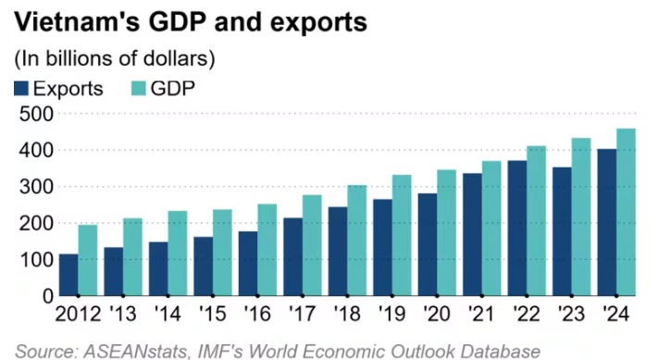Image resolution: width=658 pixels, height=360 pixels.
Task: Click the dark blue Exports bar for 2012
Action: pos(68,275)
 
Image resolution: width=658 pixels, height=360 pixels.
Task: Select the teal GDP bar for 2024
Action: pos(626,212)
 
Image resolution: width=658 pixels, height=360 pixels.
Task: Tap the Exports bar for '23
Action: pos(563,231)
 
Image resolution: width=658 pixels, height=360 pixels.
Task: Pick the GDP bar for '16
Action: pos(267,250)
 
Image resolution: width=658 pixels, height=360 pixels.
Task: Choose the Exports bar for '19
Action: pos(383,247)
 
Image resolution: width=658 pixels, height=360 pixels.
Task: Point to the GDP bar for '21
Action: pos(491,229)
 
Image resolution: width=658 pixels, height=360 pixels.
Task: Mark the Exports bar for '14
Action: pos(158,269)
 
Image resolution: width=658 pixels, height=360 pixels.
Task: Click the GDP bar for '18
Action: pos(356,241)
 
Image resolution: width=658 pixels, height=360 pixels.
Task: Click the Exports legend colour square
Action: pos(21,89)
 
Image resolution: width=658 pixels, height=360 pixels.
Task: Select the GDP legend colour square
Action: pos(138,89)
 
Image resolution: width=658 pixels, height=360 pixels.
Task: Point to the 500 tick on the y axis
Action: pos(36,114)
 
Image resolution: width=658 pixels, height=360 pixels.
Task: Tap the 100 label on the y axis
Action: pos(36,260)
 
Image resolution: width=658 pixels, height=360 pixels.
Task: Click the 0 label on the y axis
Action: pos(48,297)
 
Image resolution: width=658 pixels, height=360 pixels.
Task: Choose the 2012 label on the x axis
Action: pos(78,314)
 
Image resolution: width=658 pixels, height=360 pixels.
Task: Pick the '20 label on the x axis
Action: pos(437,314)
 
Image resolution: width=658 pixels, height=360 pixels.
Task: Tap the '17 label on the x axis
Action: pos(302,314)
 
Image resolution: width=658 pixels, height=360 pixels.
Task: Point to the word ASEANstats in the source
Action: pos(135,352)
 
